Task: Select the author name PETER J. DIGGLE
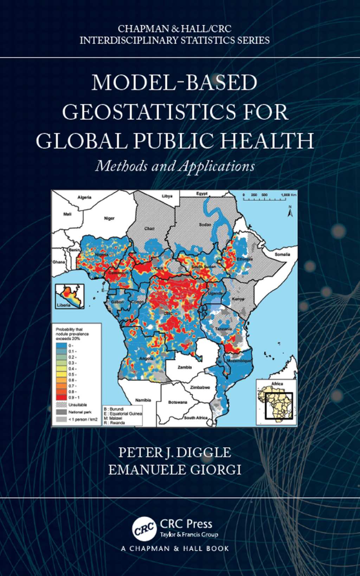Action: point(175,453)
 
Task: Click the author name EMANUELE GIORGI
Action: point(175,470)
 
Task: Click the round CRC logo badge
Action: point(144,529)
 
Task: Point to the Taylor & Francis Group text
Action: point(189,535)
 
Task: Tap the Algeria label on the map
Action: point(84,197)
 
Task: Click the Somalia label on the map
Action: point(282,254)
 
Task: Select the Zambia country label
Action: point(185,367)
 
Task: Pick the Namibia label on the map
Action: point(143,400)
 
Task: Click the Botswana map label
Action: point(178,402)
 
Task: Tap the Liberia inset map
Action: point(70,296)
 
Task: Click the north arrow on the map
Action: point(290,212)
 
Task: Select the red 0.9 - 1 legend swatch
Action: point(61,397)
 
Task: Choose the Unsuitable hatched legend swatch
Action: point(61,405)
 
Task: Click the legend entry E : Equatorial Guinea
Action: point(123,414)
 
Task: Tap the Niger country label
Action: point(109,218)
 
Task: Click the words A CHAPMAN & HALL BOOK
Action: point(175,549)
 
